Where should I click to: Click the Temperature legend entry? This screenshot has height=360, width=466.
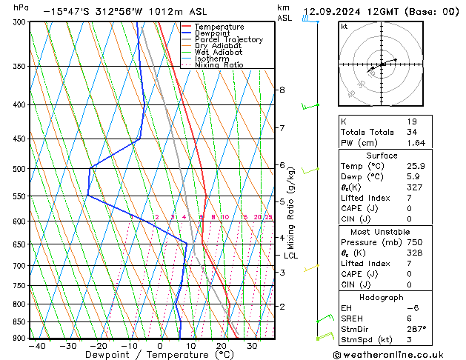point(220,27)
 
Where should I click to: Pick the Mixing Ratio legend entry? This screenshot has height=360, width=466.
point(220,65)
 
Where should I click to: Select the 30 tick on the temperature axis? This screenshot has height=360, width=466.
point(252,346)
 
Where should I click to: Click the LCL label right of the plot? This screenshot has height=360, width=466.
point(291,256)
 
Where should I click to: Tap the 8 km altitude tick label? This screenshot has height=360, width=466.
point(282,90)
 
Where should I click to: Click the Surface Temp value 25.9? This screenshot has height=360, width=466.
point(416,167)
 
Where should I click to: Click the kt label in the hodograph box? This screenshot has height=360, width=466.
point(344,26)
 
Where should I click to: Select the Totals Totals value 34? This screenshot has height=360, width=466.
point(412,132)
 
